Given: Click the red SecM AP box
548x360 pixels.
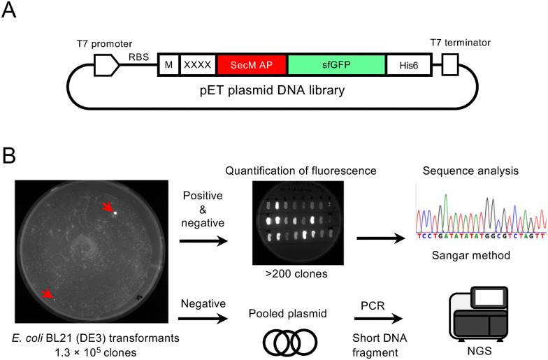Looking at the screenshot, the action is [x=252, y=64].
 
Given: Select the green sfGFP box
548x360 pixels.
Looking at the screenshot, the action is [x=337, y=64].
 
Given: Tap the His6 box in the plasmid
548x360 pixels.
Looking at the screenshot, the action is [x=408, y=65].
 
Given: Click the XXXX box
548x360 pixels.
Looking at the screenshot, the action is [x=197, y=65].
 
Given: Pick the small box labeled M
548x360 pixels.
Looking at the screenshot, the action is [x=169, y=65].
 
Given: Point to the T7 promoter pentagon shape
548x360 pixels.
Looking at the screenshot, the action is [x=106, y=65].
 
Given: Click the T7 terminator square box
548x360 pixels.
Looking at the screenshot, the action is [x=450, y=64].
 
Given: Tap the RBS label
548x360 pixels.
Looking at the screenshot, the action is [x=138, y=57].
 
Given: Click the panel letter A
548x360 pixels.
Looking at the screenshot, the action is [x=8, y=10].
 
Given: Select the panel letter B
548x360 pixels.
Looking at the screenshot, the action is [x=9, y=155].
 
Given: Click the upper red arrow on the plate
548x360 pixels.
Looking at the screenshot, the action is [x=108, y=208].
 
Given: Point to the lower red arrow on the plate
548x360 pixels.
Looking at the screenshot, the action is [x=48, y=294].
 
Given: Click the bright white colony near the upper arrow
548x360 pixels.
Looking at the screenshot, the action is [x=115, y=213].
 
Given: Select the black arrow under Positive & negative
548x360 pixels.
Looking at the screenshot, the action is [x=203, y=240].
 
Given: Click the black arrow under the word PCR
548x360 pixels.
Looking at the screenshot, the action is [x=378, y=319].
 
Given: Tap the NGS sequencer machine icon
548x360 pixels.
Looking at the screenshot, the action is [x=478, y=315].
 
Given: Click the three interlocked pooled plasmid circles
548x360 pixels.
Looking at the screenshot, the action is [x=289, y=341].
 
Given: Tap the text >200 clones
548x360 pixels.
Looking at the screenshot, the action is [x=296, y=274].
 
